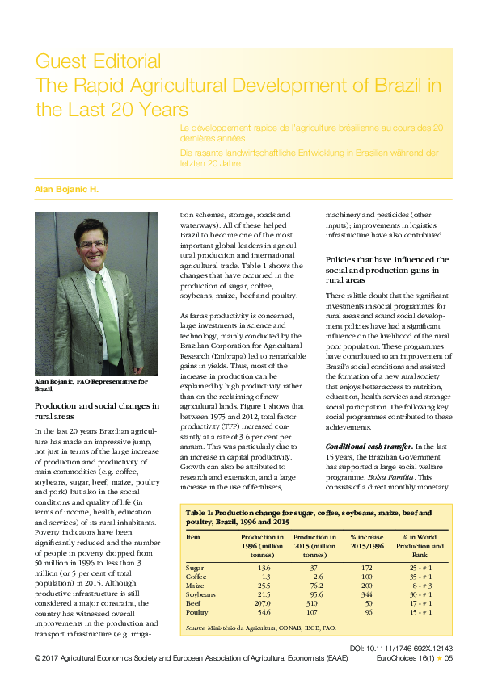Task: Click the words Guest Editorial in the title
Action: [98, 61]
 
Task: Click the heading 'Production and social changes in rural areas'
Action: [97, 410]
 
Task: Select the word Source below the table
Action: [196, 628]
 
